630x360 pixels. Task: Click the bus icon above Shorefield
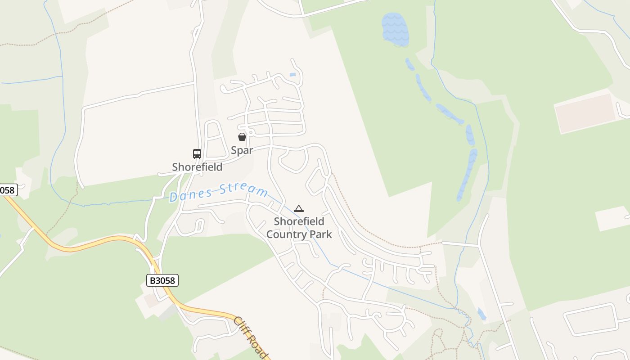tap(197, 154)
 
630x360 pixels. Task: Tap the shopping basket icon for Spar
tap(242, 137)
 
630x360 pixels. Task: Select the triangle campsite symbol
tap(299, 208)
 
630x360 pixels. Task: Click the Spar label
tap(242, 150)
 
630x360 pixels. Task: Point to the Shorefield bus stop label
tap(197, 167)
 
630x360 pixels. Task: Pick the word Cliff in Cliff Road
tap(242, 325)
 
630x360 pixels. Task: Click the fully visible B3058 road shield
tap(162, 281)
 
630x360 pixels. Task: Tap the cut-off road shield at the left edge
tap(8, 190)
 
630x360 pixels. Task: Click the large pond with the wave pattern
tap(395, 29)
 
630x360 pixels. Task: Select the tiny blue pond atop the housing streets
tap(292, 75)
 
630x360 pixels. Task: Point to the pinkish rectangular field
tap(585, 113)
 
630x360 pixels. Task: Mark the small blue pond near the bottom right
tap(482, 314)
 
